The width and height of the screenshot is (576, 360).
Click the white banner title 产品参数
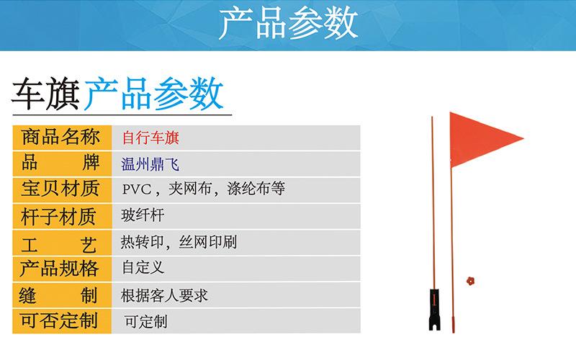coord(289,24)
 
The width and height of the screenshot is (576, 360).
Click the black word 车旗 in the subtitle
coord(46,94)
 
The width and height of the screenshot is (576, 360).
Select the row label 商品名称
coord(60,138)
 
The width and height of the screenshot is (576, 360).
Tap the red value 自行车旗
coord(150,138)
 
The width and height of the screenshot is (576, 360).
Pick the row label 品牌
coord(60,163)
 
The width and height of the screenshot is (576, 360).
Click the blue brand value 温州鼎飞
coord(150,164)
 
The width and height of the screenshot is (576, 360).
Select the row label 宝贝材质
coord(60,189)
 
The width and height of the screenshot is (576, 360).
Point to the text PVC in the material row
coord(136,189)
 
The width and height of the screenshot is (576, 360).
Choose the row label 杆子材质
coord(59,217)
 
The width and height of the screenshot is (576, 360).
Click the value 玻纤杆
coord(143,215)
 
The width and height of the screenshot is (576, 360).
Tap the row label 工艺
coord(59,245)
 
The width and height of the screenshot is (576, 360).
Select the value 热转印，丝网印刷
coord(179,242)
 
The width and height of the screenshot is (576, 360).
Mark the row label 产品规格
coord(59,269)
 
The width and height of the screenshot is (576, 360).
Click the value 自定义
coord(143,267)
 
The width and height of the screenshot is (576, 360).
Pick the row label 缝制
coord(58,295)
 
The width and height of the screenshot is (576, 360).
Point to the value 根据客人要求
coord(165,295)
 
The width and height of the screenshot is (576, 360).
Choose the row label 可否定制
coord(59,320)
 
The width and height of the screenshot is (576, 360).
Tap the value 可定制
coord(146,322)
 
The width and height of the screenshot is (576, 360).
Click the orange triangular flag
coord(481,140)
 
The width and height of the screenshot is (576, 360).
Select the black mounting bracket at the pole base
coord(435,310)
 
